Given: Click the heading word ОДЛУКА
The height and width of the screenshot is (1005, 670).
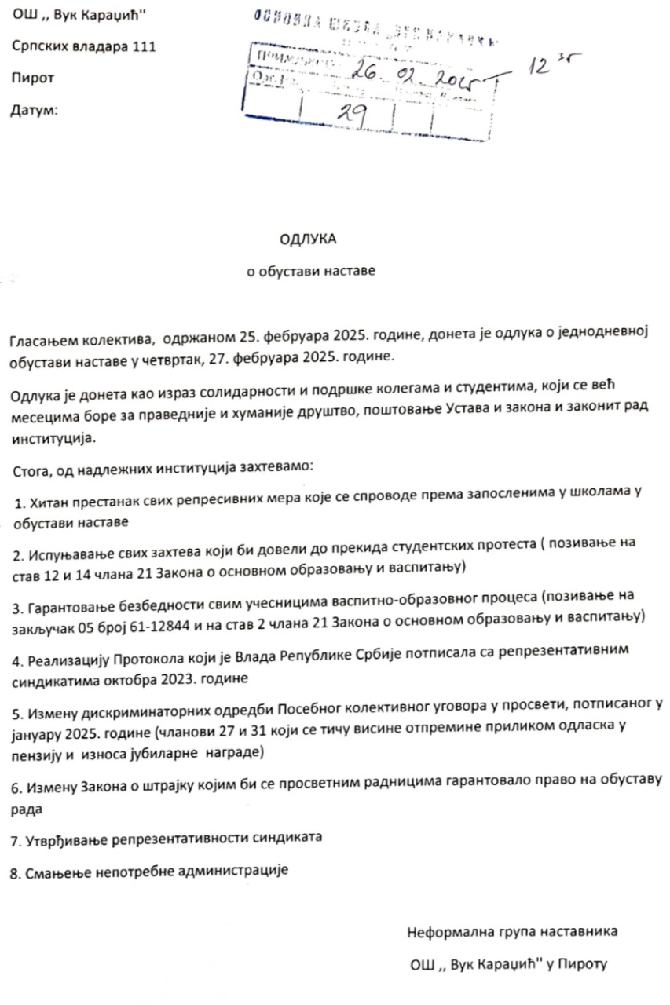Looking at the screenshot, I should coord(307,238).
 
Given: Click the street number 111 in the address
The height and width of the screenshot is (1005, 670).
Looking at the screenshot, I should coord(139,47).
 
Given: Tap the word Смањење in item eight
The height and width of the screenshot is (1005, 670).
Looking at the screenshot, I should coord(51,872).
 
